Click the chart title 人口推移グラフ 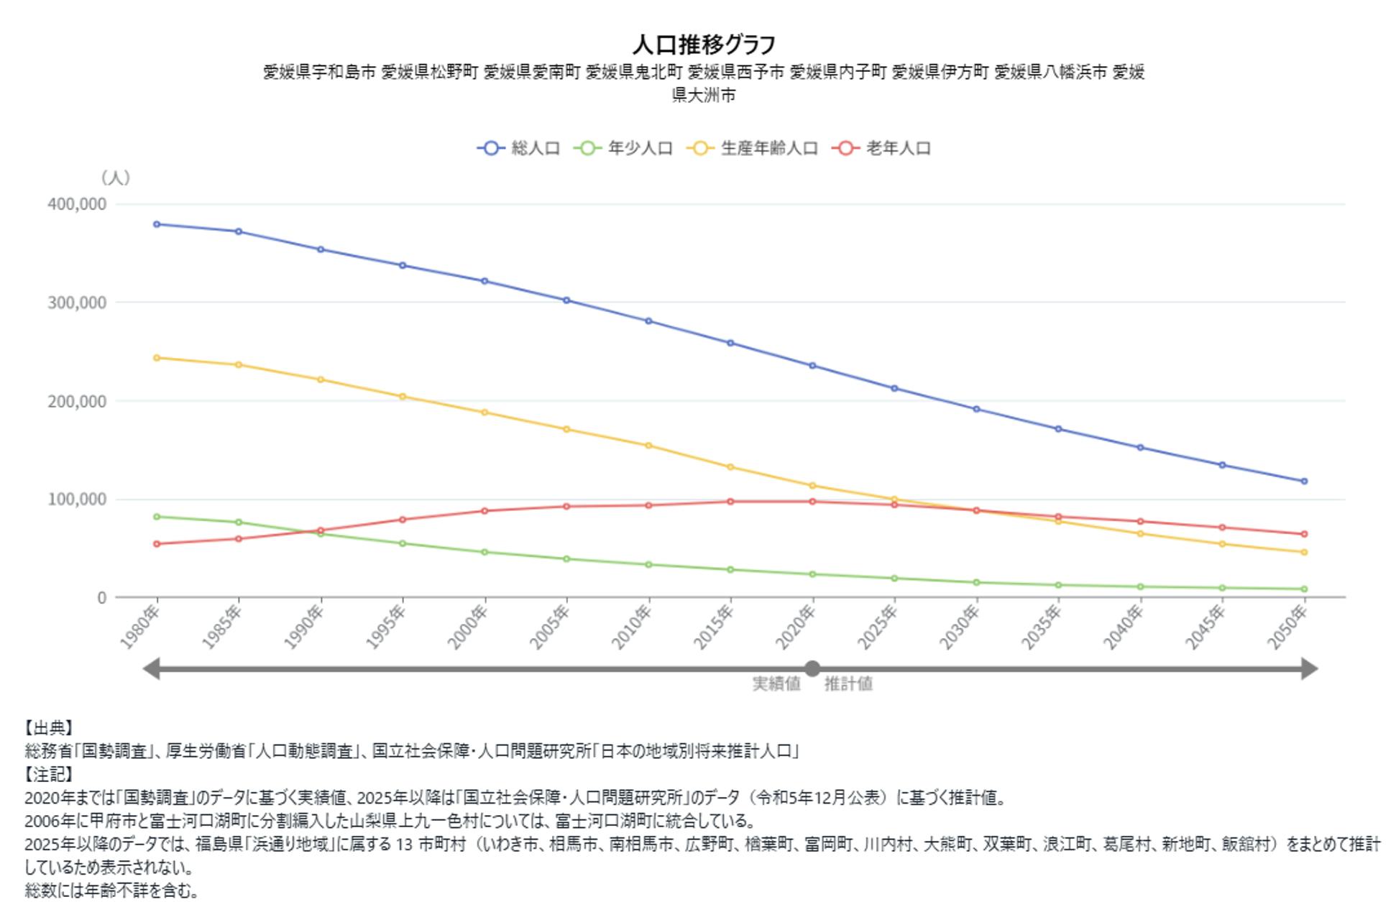703,45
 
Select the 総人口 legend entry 519,149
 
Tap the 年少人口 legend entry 624,149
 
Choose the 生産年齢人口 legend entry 753,149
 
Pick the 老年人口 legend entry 882,149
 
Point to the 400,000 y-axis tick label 77,204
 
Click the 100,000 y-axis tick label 77,500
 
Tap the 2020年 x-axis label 797,627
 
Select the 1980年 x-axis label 140,627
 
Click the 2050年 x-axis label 1288,627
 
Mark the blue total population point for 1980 157,224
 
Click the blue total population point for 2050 1304,482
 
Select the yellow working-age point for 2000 485,413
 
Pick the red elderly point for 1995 403,520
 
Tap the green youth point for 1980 157,517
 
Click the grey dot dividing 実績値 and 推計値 812,669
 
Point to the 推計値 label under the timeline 848,684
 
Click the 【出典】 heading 49,729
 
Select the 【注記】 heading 49,775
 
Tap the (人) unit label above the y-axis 115,178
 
